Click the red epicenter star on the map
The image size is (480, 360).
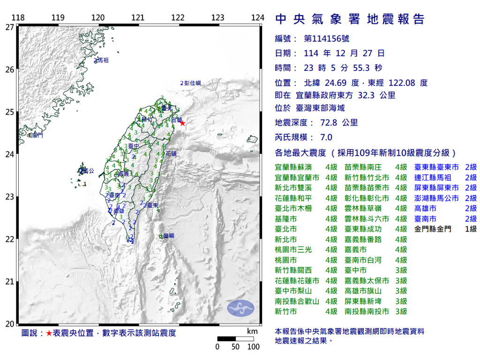(x=182, y=123)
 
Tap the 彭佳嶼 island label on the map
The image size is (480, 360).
(x=192, y=83)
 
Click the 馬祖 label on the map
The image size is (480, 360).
(x=103, y=60)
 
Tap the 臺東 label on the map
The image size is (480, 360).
(x=151, y=205)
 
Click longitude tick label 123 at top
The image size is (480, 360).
(x=217, y=18)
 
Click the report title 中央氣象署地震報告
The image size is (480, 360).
(x=350, y=19)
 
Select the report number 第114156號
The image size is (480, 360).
(x=327, y=39)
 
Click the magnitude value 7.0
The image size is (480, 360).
(x=326, y=137)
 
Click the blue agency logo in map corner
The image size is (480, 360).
(x=240, y=308)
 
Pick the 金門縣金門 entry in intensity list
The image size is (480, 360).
(x=433, y=229)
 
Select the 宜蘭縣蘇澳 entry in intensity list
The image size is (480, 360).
(x=293, y=167)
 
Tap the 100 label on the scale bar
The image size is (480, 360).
(x=253, y=347)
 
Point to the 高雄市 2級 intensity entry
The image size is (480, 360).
(x=426, y=209)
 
